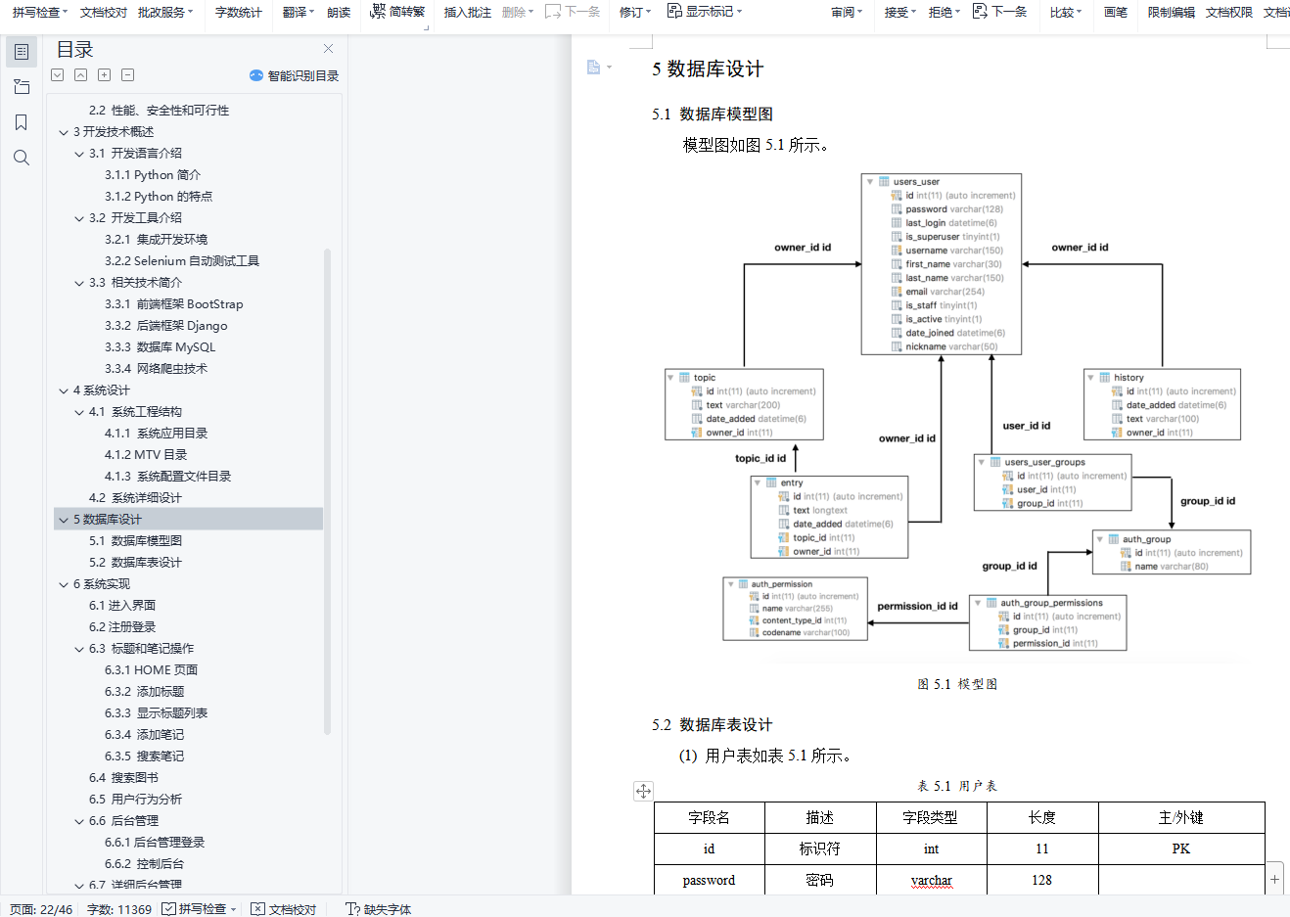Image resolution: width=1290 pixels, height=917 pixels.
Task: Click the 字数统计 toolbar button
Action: click(238, 12)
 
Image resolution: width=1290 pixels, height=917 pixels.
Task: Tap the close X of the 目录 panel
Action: click(328, 49)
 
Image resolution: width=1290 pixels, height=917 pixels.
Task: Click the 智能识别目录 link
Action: click(295, 75)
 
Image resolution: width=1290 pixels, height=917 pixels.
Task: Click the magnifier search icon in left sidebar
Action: click(22, 158)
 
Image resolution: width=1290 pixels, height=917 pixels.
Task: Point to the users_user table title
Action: click(916, 182)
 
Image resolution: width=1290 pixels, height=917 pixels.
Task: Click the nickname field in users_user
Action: click(925, 346)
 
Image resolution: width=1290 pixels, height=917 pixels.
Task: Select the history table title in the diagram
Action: click(1129, 378)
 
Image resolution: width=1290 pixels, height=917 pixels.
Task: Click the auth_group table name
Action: click(1146, 539)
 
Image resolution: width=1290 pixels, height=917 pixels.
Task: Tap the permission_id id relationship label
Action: click(917, 607)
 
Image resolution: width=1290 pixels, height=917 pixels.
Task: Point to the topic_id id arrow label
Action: click(760, 458)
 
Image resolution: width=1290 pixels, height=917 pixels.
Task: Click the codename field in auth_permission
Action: click(781, 633)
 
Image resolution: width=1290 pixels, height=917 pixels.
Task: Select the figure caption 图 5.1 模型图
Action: click(957, 684)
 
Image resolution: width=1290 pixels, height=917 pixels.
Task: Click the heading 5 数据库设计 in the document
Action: click(708, 69)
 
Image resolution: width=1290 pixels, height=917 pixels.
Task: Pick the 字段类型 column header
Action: click(930, 818)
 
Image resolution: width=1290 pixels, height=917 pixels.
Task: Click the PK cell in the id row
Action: click(1180, 848)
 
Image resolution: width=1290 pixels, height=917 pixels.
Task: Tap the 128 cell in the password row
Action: click(1041, 880)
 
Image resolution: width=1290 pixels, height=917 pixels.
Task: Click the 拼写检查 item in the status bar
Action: click(201, 909)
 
